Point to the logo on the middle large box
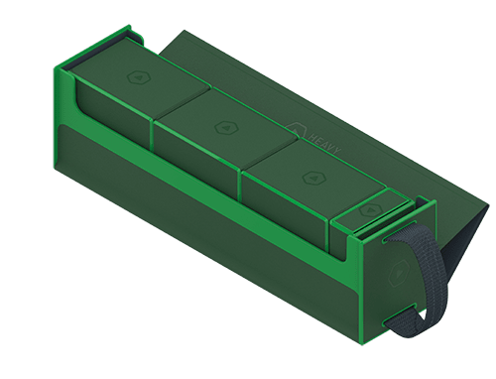pos(220,126)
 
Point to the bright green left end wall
pos(62,99)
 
